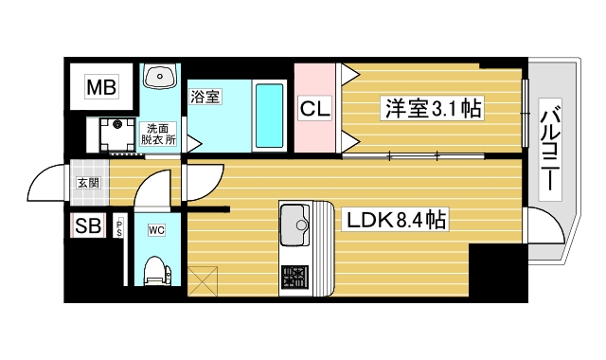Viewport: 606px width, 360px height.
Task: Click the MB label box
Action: coord(101,89)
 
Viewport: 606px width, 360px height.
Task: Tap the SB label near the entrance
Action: coord(88,226)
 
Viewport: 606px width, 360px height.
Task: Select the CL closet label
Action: coord(315,109)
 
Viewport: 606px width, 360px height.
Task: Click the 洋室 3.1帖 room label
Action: coord(432,109)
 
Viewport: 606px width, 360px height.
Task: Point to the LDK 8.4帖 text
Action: coord(397,222)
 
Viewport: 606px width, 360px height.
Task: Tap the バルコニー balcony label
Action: coord(546,149)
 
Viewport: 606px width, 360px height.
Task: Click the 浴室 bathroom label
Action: coord(205,96)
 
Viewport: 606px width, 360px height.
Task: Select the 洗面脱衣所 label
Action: coord(157,134)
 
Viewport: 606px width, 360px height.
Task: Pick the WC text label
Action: coord(156,227)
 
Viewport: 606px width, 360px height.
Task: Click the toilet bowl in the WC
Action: coord(155,273)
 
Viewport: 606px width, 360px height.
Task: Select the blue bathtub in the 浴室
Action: coord(270,115)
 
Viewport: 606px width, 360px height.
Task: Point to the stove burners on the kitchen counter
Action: coord(294,278)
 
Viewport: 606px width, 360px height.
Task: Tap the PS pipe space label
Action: coord(120,227)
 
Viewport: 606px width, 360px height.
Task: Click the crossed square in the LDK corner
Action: coord(205,280)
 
